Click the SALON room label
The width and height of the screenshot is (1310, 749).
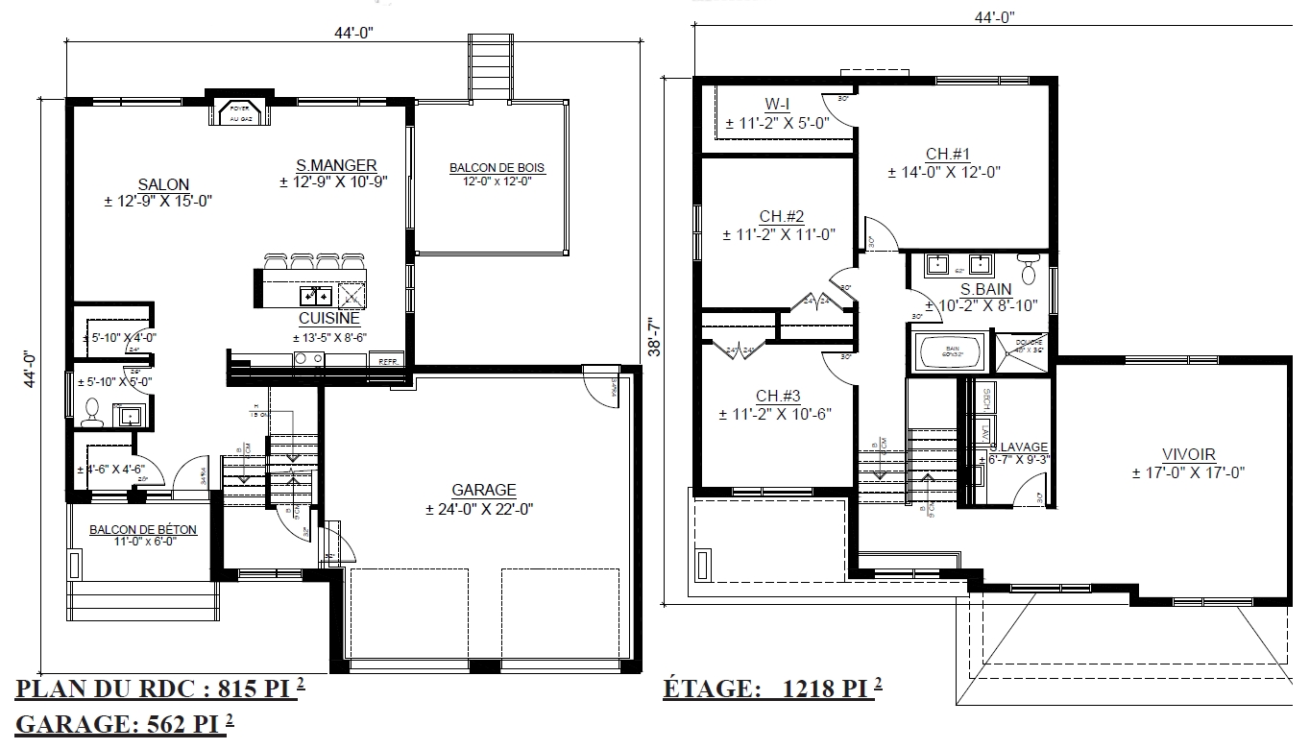[x=163, y=184]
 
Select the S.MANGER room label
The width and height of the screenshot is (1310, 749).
[x=336, y=165]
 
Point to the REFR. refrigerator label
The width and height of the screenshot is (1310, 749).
[x=389, y=361]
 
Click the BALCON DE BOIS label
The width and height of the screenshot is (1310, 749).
[x=497, y=168]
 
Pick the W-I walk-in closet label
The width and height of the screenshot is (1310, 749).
[x=778, y=104]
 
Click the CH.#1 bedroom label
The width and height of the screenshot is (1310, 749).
[x=949, y=154]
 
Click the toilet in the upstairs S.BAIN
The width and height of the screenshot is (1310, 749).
[x=1029, y=270]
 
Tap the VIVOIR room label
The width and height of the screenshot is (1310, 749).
[x=1188, y=454]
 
